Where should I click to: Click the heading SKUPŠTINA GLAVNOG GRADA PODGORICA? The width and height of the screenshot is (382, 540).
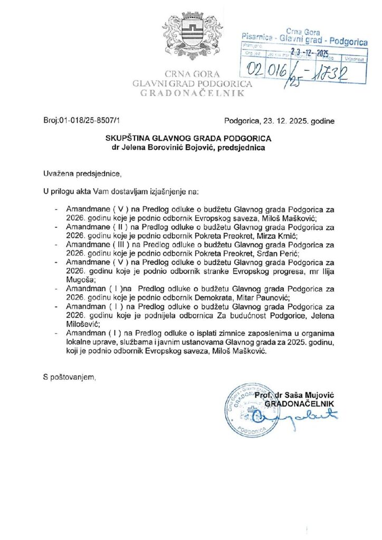191,138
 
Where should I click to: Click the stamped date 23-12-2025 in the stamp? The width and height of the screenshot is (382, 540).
310,53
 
